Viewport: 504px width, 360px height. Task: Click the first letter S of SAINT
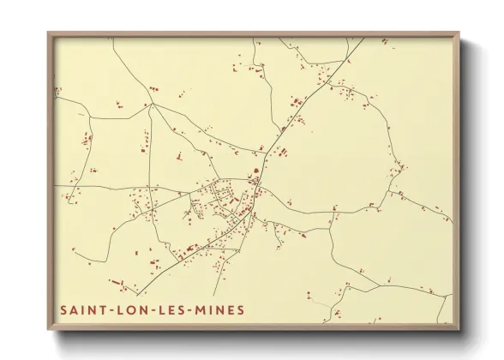[x=63, y=309]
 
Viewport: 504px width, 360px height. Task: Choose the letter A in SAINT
[x=76, y=309]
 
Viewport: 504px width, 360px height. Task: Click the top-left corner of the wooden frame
[x=49, y=33]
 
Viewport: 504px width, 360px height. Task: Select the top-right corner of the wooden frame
[x=459, y=33]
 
